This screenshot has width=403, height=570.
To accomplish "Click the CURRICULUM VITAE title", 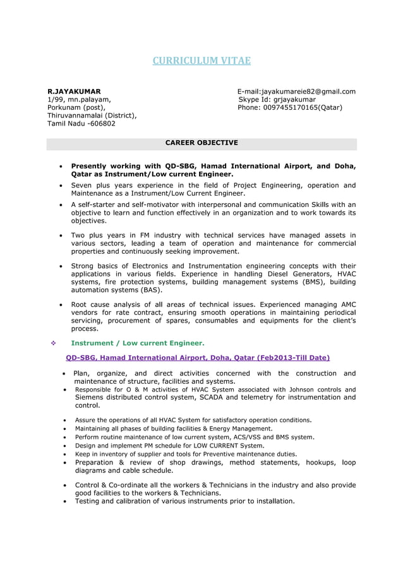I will coord(201,61).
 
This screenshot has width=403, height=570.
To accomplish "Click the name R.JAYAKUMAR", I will coord(74,92).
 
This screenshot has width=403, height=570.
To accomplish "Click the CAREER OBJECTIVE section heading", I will coord(201,143).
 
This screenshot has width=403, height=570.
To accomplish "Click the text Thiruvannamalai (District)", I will coord(92,116).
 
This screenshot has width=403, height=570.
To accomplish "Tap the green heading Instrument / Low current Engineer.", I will coord(137,343).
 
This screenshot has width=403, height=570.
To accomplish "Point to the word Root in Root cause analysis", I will coord(81,305).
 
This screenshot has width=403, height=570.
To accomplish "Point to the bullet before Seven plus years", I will coord(60,186).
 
